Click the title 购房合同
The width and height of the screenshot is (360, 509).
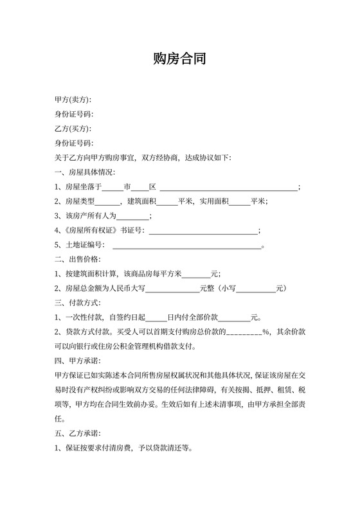point(179,60)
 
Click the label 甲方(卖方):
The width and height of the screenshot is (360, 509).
point(73,100)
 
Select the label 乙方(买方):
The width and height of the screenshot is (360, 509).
point(73,129)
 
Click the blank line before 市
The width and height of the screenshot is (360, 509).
point(112,188)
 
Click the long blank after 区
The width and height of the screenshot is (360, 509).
point(228,188)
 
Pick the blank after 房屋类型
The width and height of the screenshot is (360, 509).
point(104,202)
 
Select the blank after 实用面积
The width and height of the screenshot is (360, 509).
point(239,202)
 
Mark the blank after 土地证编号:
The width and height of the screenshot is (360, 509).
point(187,246)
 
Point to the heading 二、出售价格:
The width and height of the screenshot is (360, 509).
point(77,260)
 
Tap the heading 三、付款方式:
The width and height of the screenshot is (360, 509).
point(77,303)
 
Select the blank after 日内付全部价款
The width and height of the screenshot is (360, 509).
point(235,317)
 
